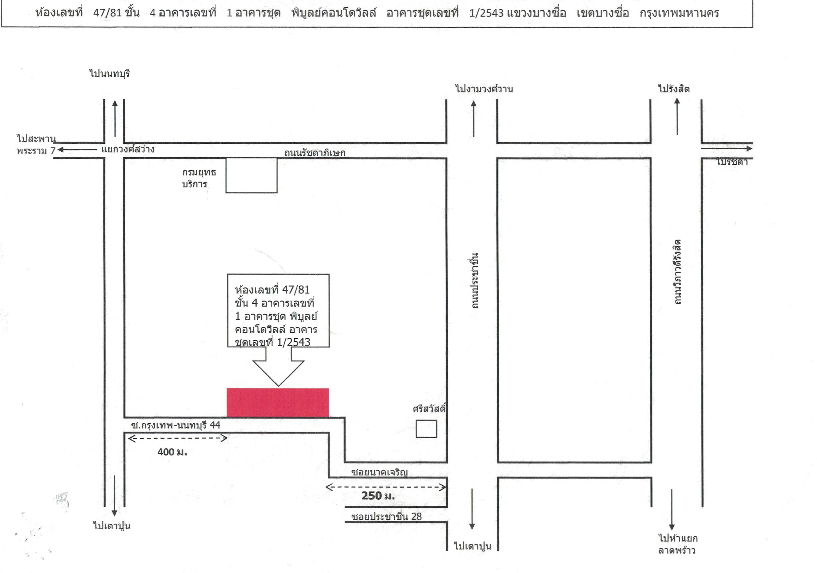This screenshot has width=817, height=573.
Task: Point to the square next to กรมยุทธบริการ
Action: click(252, 175)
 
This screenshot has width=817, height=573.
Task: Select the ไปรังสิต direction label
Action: click(674, 89)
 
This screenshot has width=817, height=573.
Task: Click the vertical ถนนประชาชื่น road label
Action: click(474, 281)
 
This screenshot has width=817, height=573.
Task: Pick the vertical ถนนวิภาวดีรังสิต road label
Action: click(677, 272)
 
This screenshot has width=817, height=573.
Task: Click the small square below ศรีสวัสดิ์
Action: click(426, 429)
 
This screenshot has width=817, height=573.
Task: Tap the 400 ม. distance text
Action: click(172, 452)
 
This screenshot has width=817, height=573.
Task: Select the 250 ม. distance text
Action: click(378, 496)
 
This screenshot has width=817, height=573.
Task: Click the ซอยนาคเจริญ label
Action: click(379, 472)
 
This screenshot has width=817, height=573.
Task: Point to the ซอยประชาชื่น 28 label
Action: click(386, 516)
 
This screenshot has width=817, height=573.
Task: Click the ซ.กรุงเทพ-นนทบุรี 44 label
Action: click(176, 425)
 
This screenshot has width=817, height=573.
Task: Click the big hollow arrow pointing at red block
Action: click(278, 367)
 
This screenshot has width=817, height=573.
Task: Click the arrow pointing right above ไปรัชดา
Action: click(727, 148)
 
